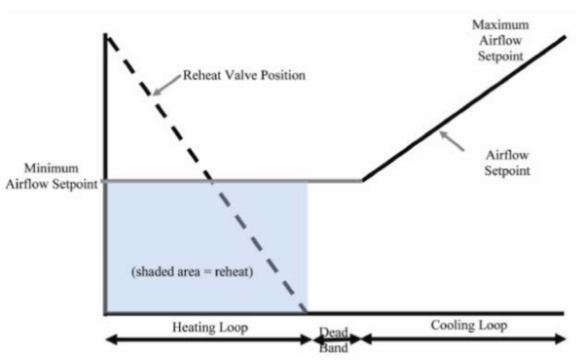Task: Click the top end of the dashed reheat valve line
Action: pyautogui.click(x=107, y=36)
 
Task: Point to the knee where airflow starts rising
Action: pyautogui.click(x=362, y=180)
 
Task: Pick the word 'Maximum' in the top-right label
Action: pyautogui.click(x=501, y=23)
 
